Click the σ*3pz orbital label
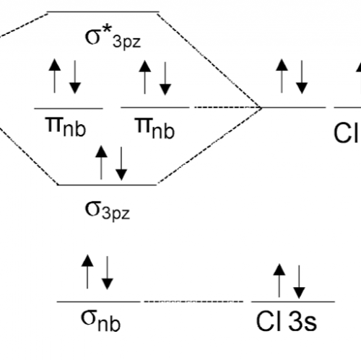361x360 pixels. point(113,39)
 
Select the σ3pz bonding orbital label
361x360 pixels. point(108,211)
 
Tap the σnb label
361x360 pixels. point(100,320)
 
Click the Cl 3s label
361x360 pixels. point(287,321)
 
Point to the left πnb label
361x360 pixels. point(66,127)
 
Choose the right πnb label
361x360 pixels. point(155,128)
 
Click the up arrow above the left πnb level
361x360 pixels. point(55,76)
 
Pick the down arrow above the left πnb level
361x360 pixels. point(75,77)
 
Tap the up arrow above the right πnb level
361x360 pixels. point(145,77)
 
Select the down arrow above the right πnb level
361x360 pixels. point(165,79)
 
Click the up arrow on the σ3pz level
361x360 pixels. point(101,162)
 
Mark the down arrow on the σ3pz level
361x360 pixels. point(121,164)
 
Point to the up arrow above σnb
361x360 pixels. point(87,271)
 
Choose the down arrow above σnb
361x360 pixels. point(108,273)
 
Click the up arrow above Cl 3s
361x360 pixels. point(279,281)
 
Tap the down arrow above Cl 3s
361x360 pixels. point(299,282)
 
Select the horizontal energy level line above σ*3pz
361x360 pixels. point(103,12)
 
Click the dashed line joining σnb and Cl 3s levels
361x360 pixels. point(193,302)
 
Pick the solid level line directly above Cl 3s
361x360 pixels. point(293,302)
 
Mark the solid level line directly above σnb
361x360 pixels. point(98,302)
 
